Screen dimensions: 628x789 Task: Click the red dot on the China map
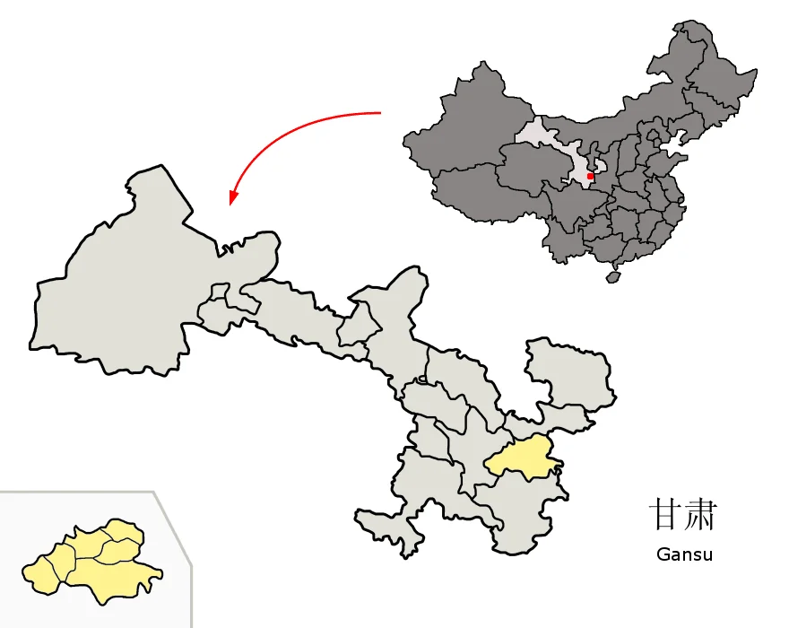(590, 177)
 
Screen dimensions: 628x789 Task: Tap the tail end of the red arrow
(380, 113)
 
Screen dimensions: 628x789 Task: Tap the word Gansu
(684, 554)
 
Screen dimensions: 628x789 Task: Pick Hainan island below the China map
(613, 277)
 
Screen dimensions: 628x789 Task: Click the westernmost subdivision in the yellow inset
(43, 573)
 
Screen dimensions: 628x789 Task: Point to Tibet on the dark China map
(475, 193)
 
